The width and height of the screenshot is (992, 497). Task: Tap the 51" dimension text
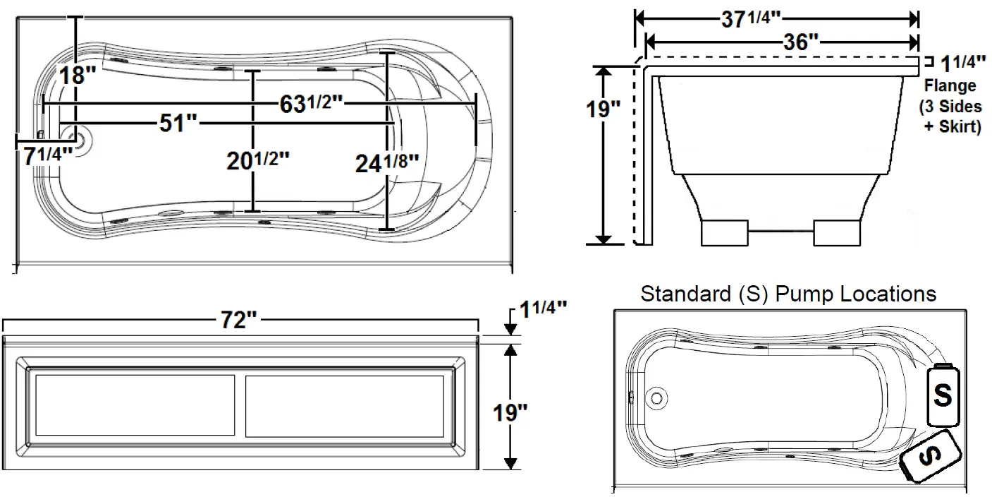(177, 124)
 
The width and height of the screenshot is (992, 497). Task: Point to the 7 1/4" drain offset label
(48, 156)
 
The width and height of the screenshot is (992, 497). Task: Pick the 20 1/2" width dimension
(258, 160)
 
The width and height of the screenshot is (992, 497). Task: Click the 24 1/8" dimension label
(388, 164)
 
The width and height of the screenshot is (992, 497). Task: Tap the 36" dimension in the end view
(801, 41)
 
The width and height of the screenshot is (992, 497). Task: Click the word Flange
(950, 86)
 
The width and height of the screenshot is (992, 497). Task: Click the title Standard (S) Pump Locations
(788, 294)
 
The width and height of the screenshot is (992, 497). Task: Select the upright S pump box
(943, 395)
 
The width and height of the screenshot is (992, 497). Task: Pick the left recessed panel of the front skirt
(135, 406)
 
